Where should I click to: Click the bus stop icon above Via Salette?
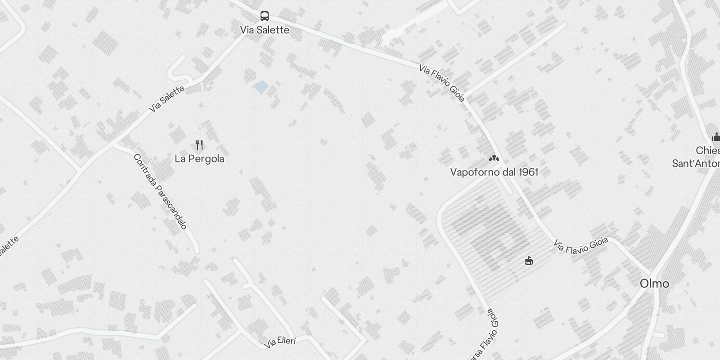[x=265, y=16]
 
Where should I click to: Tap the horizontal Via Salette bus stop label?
[x=265, y=30]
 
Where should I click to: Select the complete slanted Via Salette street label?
[x=166, y=99]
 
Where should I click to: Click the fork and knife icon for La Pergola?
[x=200, y=145]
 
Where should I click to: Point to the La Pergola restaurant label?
[x=199, y=159]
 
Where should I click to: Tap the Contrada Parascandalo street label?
[x=160, y=191]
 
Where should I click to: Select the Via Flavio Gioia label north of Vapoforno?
[x=442, y=83]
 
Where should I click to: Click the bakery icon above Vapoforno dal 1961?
[x=494, y=159]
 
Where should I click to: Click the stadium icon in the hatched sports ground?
[x=529, y=261]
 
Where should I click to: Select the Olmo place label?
[x=654, y=283]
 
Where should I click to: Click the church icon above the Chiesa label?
[x=715, y=137]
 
